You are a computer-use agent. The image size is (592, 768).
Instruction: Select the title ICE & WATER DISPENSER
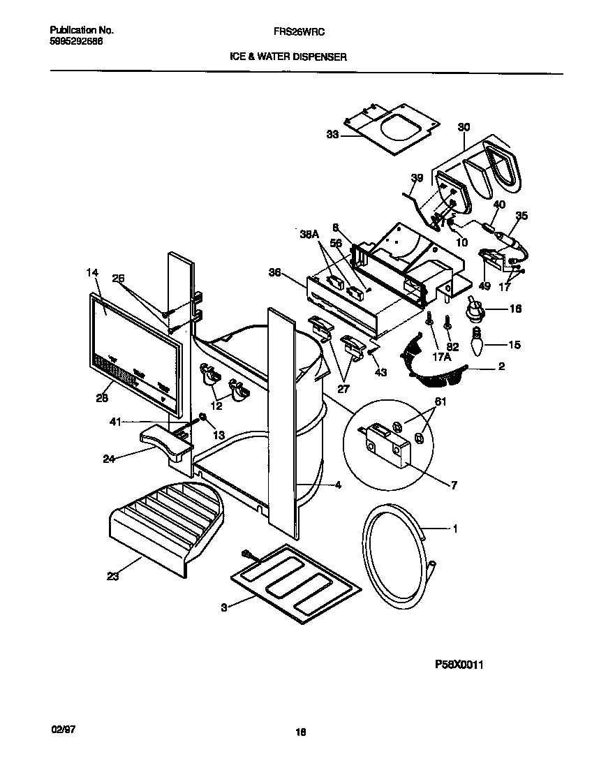(288, 58)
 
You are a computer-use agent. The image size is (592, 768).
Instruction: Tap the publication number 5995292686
(76, 41)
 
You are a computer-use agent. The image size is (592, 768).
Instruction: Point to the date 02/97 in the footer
(63, 728)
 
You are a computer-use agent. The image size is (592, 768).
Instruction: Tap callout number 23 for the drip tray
(113, 576)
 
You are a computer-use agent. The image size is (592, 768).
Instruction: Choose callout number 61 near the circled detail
(441, 401)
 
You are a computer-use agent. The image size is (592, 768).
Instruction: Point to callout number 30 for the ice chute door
(464, 127)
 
